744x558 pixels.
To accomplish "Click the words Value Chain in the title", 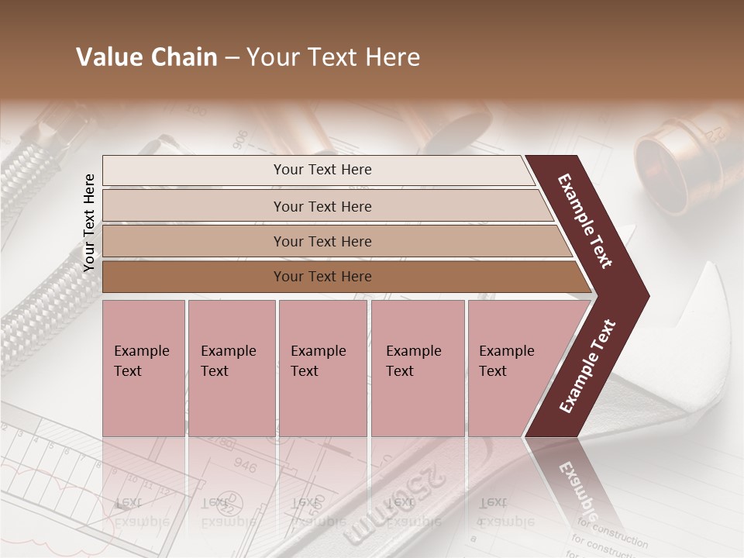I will pyautogui.click(x=146, y=57).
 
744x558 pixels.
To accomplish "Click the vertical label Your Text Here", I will pyautogui.click(x=89, y=222).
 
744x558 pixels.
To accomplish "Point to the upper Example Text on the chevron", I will pyautogui.click(x=585, y=221).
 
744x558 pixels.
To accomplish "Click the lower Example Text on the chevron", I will pyautogui.click(x=587, y=367).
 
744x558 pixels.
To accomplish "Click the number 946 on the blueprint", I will pyautogui.click(x=244, y=466).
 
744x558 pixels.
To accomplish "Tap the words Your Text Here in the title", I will pyautogui.click(x=333, y=57).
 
